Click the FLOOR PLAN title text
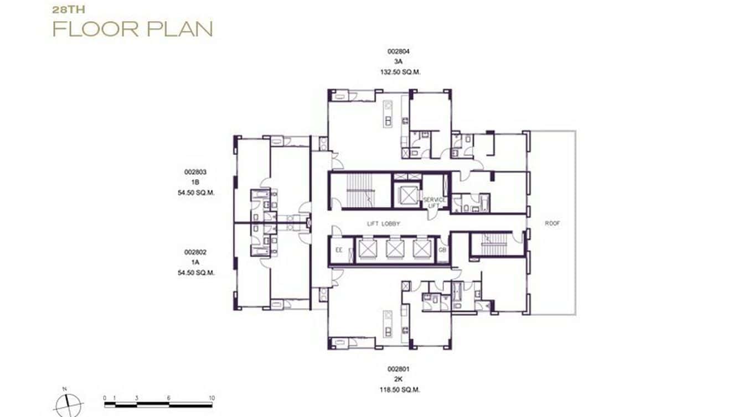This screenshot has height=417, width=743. click(x=132, y=29)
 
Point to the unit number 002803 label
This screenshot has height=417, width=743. click(x=195, y=173)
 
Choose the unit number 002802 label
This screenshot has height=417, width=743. click(x=195, y=252)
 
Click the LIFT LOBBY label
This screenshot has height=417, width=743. click(x=384, y=224)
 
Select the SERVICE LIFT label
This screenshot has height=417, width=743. click(x=435, y=202)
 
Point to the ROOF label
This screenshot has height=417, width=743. click(x=552, y=224)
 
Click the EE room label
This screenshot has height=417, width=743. click(x=339, y=251)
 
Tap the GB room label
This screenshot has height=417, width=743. click(x=442, y=251)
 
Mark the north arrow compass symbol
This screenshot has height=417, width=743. click(x=69, y=404)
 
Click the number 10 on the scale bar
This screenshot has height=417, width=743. click(x=211, y=398)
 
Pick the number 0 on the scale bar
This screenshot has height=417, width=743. click(x=105, y=398)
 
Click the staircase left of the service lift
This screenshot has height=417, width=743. click(x=360, y=191)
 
